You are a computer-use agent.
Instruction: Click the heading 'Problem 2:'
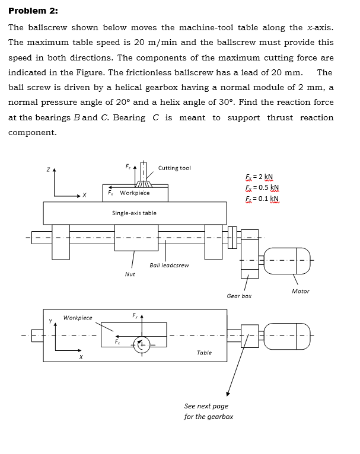(x=33, y=11)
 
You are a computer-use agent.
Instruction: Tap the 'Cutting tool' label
(x=174, y=168)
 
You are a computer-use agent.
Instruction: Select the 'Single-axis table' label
(x=134, y=213)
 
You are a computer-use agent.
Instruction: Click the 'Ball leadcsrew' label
(x=169, y=266)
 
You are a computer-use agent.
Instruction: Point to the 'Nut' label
(x=130, y=274)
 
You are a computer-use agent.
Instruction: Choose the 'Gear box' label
(x=239, y=296)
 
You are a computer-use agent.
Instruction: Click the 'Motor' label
(x=300, y=291)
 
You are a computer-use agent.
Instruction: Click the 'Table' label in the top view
(x=204, y=353)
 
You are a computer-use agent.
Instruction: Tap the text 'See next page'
(x=206, y=406)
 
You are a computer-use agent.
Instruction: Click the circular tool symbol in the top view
(x=142, y=343)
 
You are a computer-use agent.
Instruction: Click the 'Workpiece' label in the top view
(x=78, y=318)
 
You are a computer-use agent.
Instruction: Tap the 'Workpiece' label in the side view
(x=135, y=193)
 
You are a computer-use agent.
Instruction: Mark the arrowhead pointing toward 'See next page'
(x=227, y=394)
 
